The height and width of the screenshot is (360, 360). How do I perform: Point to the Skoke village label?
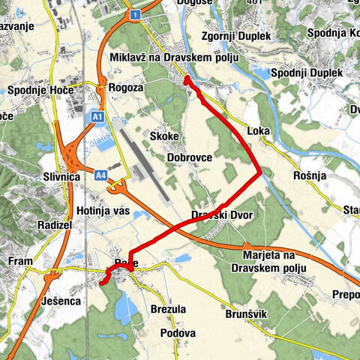coord(163,136)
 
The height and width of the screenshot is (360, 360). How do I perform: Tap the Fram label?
coord(20,261)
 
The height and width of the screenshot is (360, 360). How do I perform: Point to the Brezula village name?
coord(168,309)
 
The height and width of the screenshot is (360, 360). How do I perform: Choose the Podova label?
coord(178,333)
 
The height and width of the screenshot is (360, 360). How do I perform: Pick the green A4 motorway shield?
coord(101,175)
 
